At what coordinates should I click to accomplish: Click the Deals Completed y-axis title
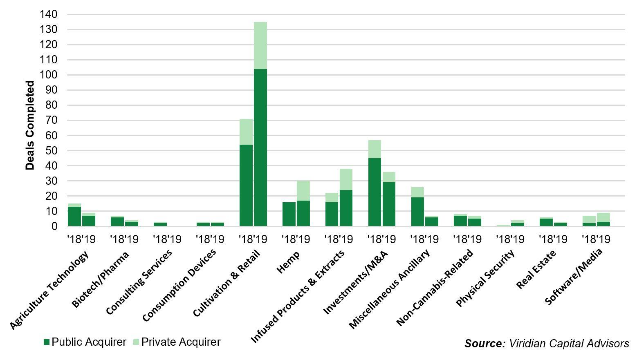(30, 125)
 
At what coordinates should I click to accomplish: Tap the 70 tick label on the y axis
(51, 120)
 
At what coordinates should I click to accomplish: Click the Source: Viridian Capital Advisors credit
(547, 343)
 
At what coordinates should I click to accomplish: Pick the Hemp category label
(288, 262)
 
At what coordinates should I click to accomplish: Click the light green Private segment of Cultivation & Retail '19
(260, 45)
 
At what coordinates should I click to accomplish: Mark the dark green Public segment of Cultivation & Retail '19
(260, 147)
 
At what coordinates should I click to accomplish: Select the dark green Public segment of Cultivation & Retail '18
(246, 185)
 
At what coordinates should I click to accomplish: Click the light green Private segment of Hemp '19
(303, 190)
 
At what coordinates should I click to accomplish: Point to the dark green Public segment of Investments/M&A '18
(375, 192)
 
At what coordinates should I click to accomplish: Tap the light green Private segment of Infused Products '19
(346, 179)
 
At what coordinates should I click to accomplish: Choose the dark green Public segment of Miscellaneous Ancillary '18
(417, 212)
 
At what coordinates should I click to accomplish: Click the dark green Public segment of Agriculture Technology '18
(74, 216)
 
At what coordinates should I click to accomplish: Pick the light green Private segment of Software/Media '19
(603, 217)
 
